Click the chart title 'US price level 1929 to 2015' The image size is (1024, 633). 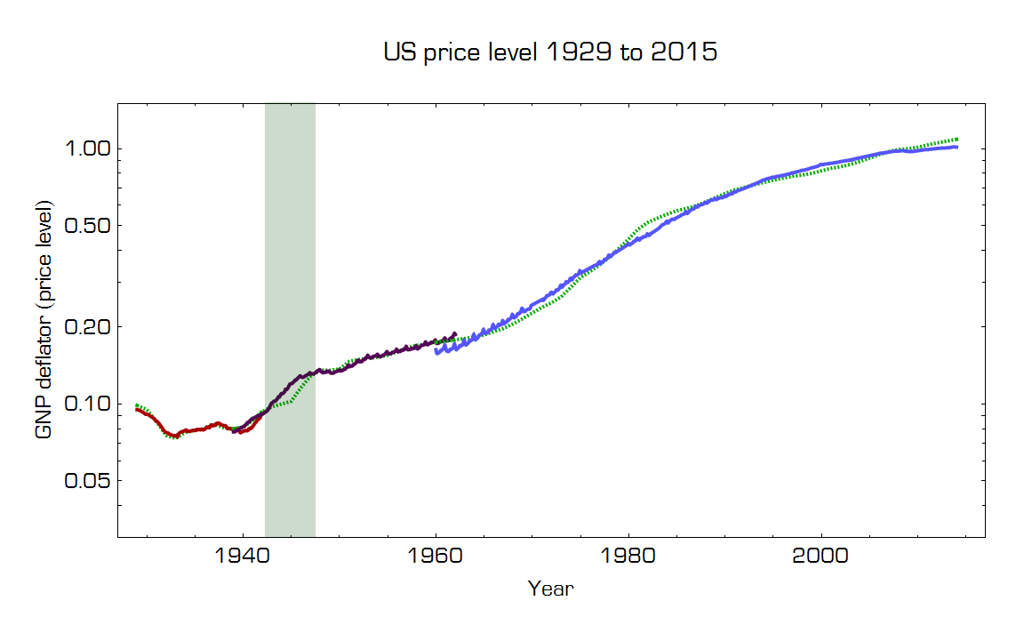pos(550,52)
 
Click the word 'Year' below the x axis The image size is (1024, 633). pos(550,588)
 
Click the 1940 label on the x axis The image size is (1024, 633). pos(243,557)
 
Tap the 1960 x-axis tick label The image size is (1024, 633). pos(436,557)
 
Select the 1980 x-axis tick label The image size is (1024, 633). pos(628,557)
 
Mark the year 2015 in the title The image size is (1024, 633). pos(684,52)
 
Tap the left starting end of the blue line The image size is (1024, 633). pos(436,350)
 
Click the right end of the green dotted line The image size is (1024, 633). pos(956,140)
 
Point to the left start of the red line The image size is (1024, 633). pos(136,409)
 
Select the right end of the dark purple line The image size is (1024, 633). pos(455,334)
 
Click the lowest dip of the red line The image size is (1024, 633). pos(176,437)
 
